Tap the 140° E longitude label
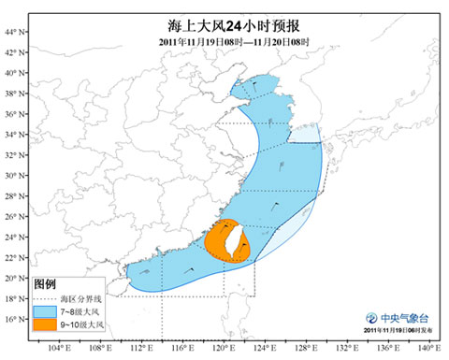pyautogui.click(x=429, y=349)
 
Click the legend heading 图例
pyautogui.click(x=46, y=281)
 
